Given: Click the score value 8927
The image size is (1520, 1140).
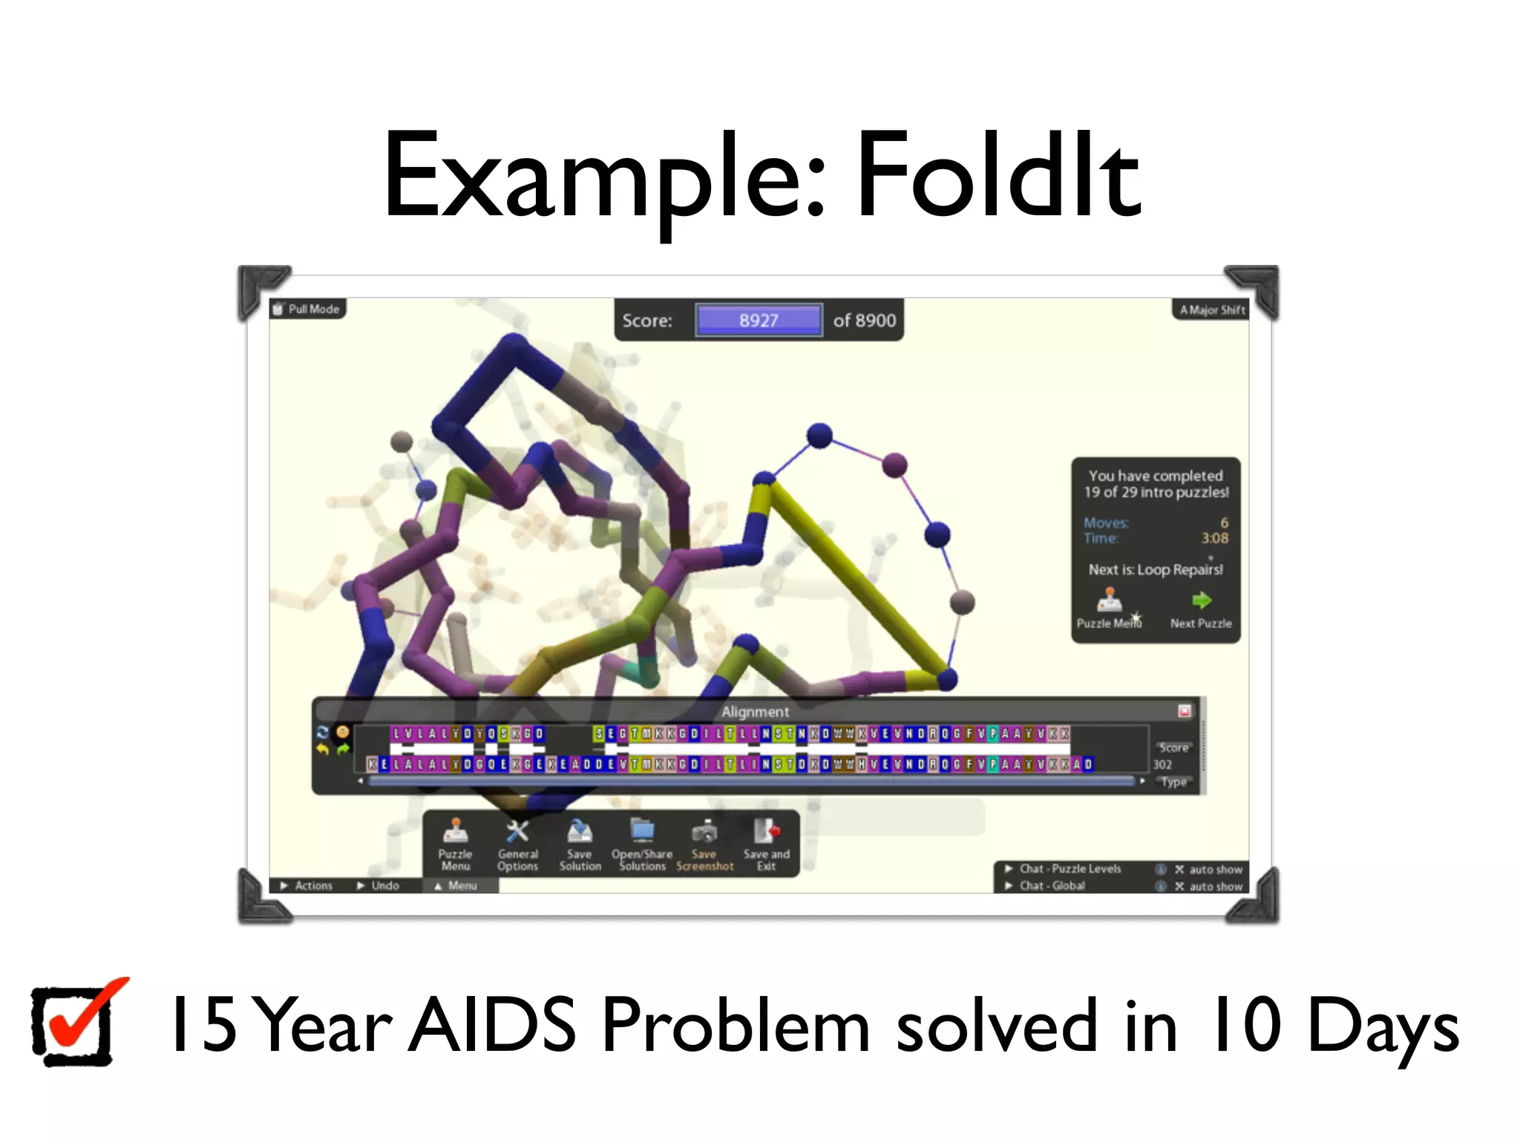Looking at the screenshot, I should [x=758, y=321].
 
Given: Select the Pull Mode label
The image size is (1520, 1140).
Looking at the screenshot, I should [x=307, y=309].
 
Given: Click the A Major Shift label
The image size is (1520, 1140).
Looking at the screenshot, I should [x=1211, y=309].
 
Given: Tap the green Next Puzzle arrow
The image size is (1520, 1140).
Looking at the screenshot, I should [x=1201, y=601].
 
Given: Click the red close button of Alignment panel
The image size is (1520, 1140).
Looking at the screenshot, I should [x=1185, y=711].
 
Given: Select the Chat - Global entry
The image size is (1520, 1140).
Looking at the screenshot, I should [x=1051, y=885].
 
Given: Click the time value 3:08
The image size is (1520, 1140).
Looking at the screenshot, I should [x=1214, y=538].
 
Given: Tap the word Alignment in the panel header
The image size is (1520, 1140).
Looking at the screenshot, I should [x=755, y=712].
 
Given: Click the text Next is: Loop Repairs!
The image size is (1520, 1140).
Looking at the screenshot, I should [x=1156, y=569].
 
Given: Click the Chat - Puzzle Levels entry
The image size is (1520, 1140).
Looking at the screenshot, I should [x=1069, y=868].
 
